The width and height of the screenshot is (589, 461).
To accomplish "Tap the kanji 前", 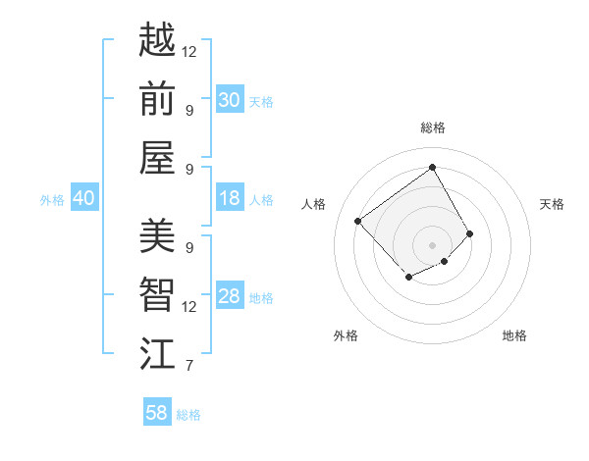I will point(157,98).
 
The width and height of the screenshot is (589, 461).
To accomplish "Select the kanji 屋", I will point(157,158).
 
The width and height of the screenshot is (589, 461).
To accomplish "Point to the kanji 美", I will point(157,235).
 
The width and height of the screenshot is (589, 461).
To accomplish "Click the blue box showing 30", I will point(229,100).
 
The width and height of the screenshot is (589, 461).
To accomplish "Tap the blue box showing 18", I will point(229,198).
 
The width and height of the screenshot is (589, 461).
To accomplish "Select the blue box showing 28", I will point(229,296).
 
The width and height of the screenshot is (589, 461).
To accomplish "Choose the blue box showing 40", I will point(83,198).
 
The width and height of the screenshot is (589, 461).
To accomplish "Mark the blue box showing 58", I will point(157,413).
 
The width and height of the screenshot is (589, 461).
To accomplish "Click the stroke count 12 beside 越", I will point(189,51).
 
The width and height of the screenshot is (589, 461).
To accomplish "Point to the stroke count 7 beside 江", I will point(188,367).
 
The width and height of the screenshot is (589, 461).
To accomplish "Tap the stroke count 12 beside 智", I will point(189,307).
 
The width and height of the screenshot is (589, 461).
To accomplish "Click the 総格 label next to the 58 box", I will point(188,415).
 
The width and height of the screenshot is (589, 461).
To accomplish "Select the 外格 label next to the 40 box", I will point(52,200).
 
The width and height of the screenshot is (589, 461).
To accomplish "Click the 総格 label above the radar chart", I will point(432,128).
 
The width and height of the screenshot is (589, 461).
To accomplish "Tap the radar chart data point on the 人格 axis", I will point(358,221).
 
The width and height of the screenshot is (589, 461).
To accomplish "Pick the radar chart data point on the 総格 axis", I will point(432,168).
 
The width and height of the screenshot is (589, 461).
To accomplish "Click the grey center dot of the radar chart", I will point(432,244).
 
